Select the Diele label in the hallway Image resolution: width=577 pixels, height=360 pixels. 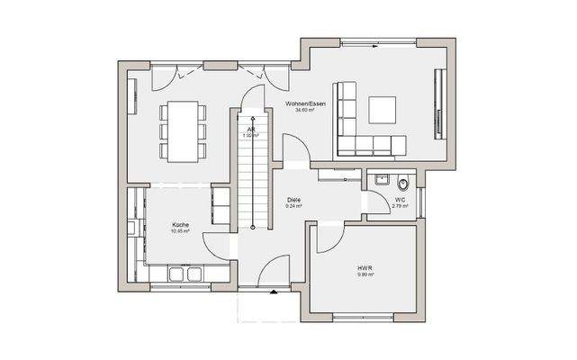click(293, 199)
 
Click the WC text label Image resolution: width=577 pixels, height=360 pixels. click(400, 200)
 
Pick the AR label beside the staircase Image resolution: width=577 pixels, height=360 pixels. click(252, 129)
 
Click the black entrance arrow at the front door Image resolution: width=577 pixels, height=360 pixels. click(273, 292)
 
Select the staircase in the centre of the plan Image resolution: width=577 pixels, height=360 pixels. click(253, 171)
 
